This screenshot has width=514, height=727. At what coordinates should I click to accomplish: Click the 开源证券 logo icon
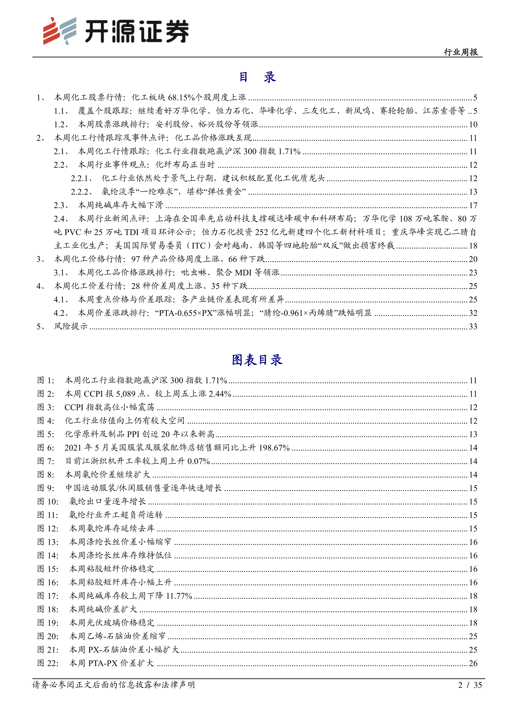59,31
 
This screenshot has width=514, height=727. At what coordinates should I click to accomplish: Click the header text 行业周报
461,52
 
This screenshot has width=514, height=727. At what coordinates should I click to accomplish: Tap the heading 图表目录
257,360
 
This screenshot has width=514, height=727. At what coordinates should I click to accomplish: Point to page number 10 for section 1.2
473,124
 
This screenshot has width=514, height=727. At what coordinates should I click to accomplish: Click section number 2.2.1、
81,178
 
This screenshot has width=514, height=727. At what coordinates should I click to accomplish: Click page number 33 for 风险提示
473,326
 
